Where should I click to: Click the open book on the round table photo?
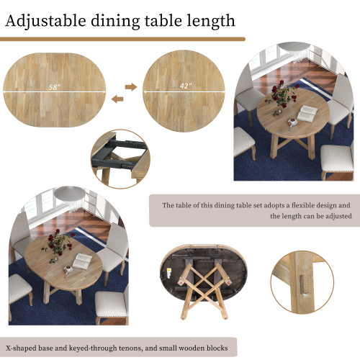pyautogui.click(x=307, y=113)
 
